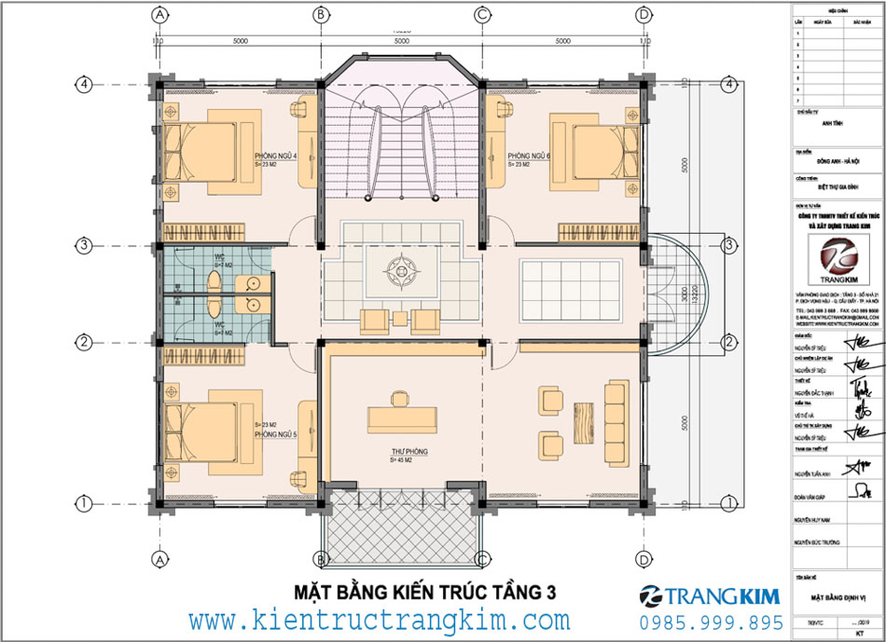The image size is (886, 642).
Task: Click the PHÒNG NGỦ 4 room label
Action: [275, 156]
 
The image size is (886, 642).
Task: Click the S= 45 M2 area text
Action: [408, 459]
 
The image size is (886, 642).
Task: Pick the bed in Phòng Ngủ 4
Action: [205, 151]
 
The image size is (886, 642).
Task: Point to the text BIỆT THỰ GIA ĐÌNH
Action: [824, 186]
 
